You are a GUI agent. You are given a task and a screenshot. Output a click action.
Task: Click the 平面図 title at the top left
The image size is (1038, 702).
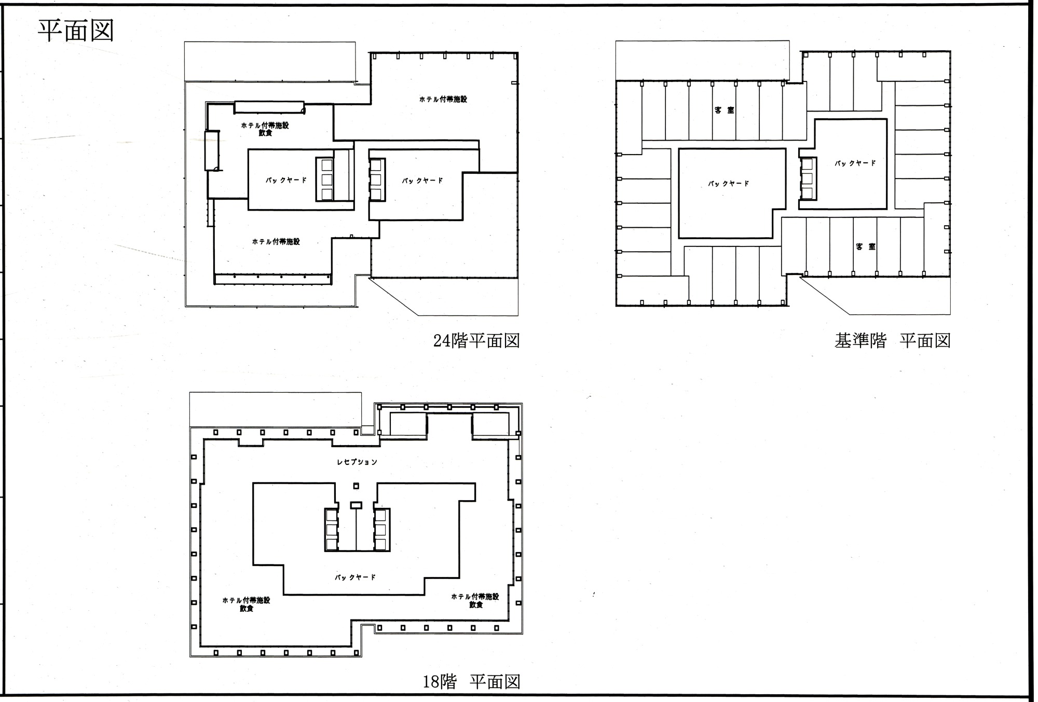click(76, 31)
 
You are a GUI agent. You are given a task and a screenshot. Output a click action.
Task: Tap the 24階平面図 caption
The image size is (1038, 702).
click(476, 341)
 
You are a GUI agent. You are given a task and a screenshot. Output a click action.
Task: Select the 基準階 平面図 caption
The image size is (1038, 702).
click(892, 341)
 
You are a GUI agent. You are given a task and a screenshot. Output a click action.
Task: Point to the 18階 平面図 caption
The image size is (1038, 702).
click(471, 681)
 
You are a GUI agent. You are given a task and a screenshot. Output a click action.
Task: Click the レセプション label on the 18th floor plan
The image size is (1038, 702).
click(357, 462)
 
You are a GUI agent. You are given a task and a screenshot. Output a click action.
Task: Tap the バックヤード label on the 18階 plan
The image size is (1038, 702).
click(355, 577)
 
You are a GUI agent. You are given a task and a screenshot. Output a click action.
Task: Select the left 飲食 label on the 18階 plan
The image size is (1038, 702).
click(247, 609)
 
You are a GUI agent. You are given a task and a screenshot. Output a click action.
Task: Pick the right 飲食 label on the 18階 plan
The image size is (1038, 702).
click(476, 605)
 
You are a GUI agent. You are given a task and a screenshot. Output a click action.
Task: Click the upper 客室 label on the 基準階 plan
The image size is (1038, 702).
click(724, 110)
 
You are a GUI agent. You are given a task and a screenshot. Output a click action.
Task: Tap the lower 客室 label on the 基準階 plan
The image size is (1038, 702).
click(866, 246)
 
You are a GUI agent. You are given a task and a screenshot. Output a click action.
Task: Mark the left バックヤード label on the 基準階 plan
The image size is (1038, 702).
click(729, 184)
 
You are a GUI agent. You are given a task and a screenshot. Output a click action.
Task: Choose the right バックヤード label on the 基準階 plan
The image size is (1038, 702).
click(855, 163)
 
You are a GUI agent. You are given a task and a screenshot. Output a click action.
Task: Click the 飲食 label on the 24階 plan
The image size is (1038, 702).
click(265, 133)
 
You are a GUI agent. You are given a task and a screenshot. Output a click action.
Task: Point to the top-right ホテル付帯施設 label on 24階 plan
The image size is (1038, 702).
click(443, 99)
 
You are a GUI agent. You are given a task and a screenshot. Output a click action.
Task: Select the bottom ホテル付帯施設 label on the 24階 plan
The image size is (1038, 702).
click(276, 242)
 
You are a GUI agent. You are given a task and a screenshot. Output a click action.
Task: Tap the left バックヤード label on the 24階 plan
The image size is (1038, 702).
click(286, 181)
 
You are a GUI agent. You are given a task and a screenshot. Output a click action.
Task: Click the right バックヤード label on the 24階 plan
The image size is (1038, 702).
click(422, 181)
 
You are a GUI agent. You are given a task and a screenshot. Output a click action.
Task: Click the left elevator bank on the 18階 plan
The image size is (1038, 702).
click(331, 530)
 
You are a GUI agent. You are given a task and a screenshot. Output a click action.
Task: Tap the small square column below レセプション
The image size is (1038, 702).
click(356, 486)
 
